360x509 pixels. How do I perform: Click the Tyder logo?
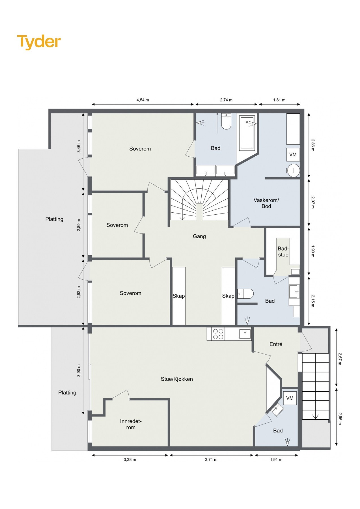pyautogui.click(x=39, y=42)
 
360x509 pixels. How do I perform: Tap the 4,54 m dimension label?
pyautogui.click(x=143, y=100)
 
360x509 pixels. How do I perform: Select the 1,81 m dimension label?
pyautogui.click(x=279, y=100)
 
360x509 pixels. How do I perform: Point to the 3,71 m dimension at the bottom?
pyautogui.click(x=211, y=460)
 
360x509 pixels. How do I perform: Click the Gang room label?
pyautogui.click(x=199, y=236)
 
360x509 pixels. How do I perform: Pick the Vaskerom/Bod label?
pyautogui.click(x=266, y=203)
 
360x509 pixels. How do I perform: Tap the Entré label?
pyautogui.click(x=276, y=344)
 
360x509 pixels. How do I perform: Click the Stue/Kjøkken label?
pyautogui.click(x=177, y=379)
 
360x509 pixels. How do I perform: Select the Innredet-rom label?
pyautogui.click(x=131, y=424)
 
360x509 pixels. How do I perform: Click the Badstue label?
pyautogui.click(x=283, y=251)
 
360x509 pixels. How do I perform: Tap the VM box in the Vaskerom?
pyautogui.click(x=293, y=155)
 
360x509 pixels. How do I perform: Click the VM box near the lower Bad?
pyautogui.click(x=290, y=398)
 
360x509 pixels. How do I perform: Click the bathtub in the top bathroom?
pyautogui.click(x=247, y=132)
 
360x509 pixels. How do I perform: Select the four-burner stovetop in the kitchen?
pyautogui.click(x=218, y=334)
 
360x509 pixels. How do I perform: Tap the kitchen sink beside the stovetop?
pyautogui.click(x=245, y=334)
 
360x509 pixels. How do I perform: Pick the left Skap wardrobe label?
pyautogui.click(x=179, y=296)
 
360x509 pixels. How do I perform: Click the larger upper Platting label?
pyautogui.click(x=54, y=219)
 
